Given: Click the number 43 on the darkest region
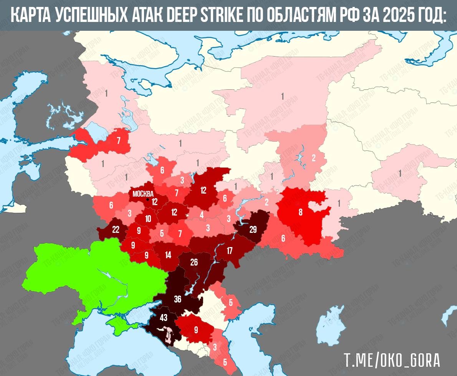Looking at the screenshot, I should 164,318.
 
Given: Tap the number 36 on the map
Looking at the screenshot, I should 177,299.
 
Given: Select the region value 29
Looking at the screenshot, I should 253,230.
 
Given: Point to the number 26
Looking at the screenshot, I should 194,262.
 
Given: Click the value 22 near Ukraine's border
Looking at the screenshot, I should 116,230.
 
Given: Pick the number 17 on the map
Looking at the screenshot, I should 230,251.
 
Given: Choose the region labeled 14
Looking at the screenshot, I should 168,255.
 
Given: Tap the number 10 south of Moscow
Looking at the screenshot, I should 148,219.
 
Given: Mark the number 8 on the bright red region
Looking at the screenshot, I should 301,212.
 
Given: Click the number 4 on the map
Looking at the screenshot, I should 202,215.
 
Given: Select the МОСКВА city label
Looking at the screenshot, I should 143,194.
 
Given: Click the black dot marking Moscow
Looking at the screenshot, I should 147,199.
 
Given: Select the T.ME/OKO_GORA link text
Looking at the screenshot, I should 392,361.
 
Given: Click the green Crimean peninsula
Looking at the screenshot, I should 117,323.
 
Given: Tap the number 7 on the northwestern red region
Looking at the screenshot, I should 119,140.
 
